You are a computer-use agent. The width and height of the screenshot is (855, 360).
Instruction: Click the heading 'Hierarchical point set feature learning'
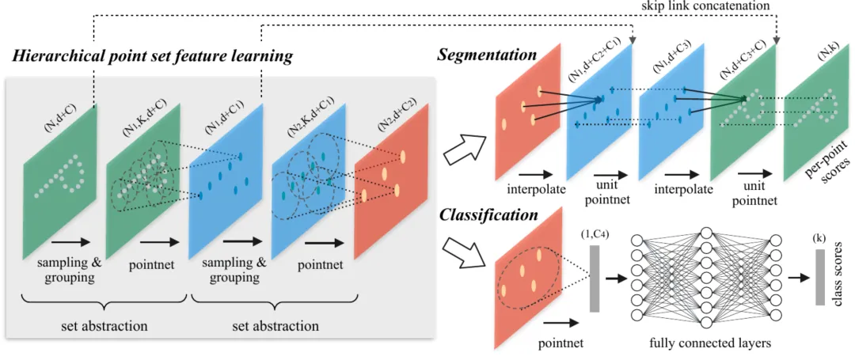[x=154, y=56]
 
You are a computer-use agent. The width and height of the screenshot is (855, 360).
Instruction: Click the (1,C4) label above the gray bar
[x=598, y=235]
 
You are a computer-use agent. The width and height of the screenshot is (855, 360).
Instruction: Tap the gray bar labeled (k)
[x=819, y=277]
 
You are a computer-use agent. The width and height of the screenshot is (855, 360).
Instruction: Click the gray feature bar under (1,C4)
[x=595, y=279]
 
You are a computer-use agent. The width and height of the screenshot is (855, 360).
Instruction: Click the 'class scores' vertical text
[x=840, y=279]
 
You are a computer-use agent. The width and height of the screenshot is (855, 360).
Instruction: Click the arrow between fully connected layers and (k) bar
[x=800, y=278]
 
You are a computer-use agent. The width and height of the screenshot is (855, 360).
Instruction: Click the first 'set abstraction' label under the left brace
[x=104, y=328]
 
